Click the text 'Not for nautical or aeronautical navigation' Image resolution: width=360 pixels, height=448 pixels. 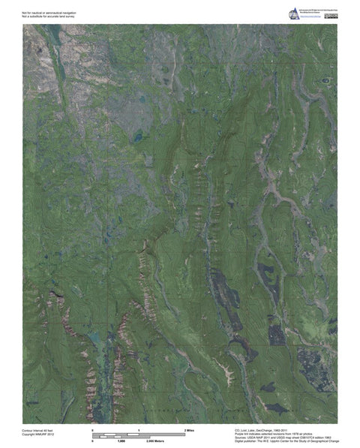(49, 13)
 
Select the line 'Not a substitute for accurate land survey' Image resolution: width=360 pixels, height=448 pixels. (49, 17)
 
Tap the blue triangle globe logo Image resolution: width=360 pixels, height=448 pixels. (293, 13)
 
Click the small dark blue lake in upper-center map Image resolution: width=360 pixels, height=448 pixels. (137, 138)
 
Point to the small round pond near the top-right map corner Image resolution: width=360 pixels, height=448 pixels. (324, 80)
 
